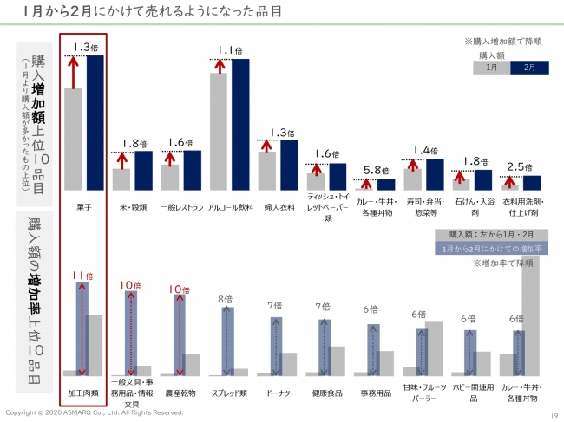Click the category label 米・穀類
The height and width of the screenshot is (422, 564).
click(x=133, y=208)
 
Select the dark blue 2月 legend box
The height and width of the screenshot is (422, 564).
click(x=526, y=67)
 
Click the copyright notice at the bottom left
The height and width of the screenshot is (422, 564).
click(x=95, y=412)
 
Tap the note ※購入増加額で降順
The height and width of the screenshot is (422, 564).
click(x=503, y=41)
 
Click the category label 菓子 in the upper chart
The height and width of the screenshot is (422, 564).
click(x=83, y=208)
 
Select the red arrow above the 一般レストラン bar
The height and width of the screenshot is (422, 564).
click(x=171, y=158)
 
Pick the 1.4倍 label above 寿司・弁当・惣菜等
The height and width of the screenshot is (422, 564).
click(x=424, y=150)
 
